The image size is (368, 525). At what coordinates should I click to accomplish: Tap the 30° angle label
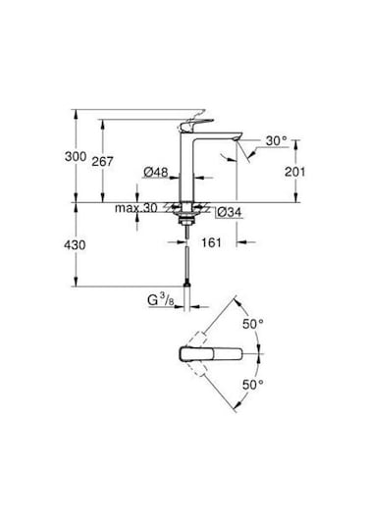[278, 141]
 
